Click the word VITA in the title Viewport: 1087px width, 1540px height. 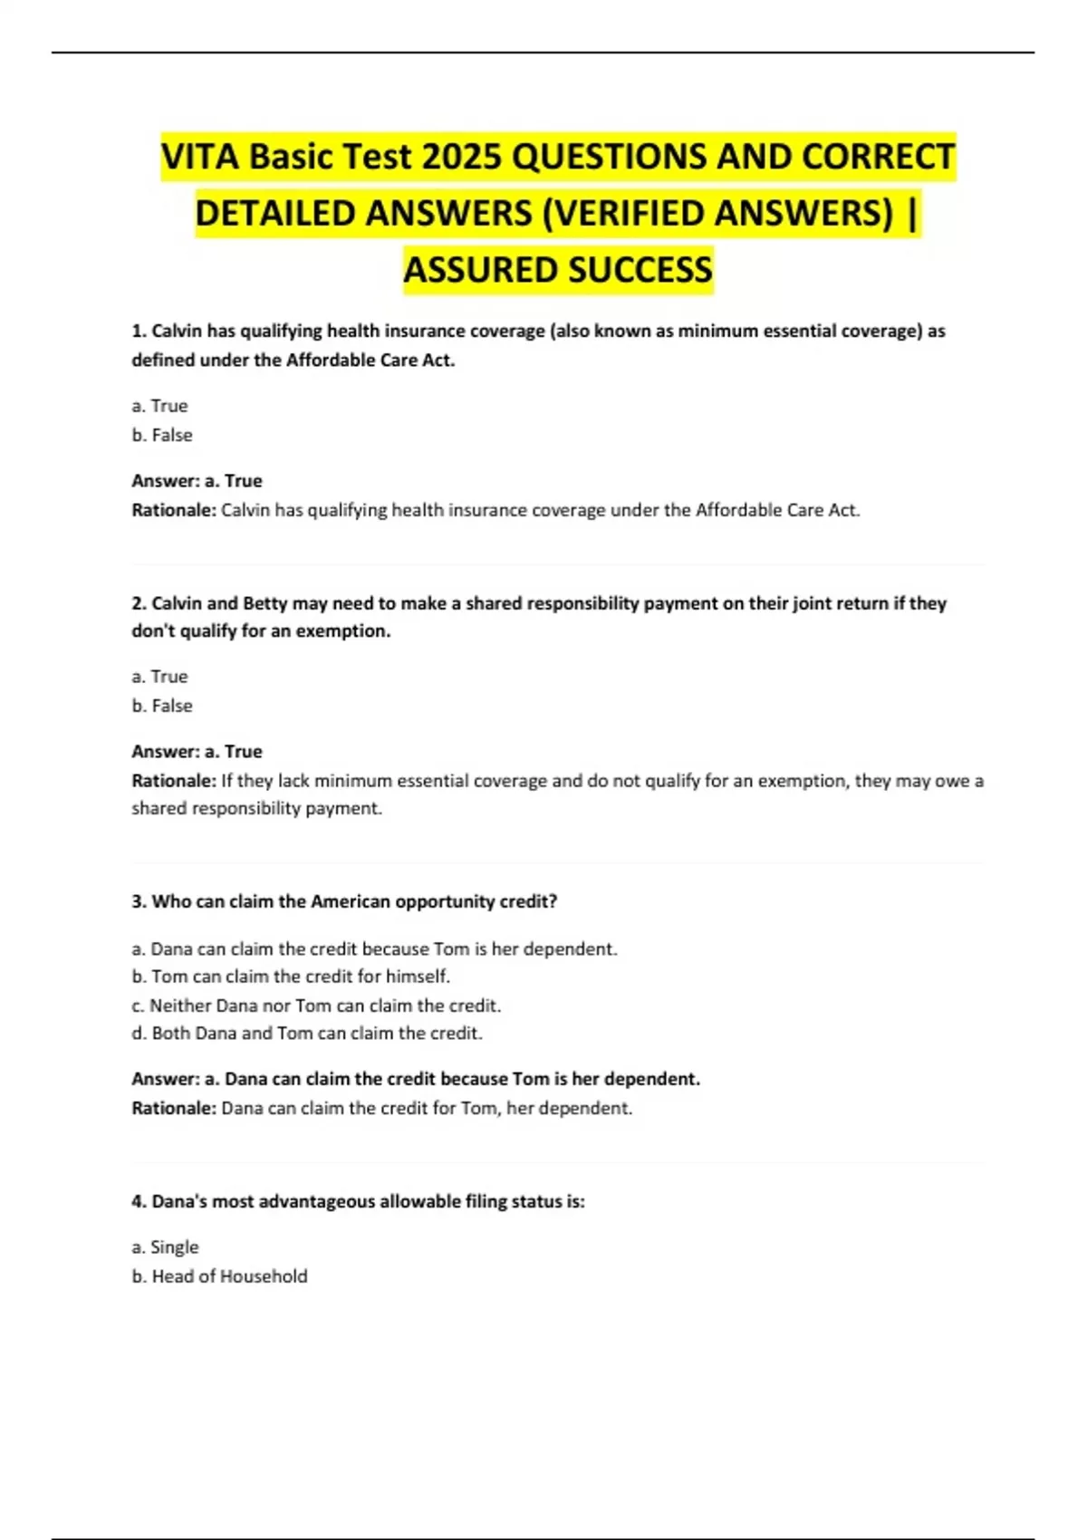pos(200,158)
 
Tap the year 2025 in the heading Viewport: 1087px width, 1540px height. pos(462,158)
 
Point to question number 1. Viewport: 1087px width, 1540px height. pos(139,331)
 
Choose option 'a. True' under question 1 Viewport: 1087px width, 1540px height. pos(159,406)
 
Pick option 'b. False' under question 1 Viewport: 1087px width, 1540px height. pos(162,435)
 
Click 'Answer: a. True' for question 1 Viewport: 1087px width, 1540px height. pos(197,481)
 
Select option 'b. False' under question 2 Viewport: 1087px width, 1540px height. pos(162,706)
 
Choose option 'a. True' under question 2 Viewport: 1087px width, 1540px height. pos(159,677)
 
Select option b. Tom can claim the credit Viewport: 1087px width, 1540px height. pos(291,977)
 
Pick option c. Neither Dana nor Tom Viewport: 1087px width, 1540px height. pos(316,1006)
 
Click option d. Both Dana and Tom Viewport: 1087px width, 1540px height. pos(307,1033)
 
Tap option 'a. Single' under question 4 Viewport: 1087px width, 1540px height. pos(165,1247)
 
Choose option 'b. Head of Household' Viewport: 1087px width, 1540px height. pos(219,1276)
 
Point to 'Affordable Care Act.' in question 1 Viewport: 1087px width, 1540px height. pos(370,360)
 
